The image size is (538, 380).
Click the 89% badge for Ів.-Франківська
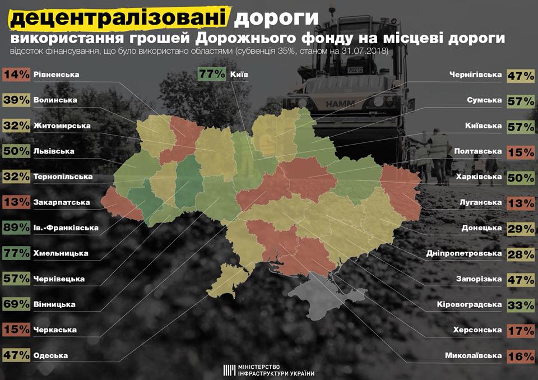coord(16,228)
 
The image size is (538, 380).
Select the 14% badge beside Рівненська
coord(16,75)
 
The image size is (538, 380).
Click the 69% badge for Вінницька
coord(16,304)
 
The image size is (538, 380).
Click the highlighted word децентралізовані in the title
coord(119,18)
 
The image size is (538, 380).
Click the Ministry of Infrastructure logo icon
coord(229,370)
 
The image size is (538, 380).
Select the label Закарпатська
coord(62,202)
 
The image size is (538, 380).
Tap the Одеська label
coord(51,355)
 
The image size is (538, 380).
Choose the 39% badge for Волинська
coord(16,100)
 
